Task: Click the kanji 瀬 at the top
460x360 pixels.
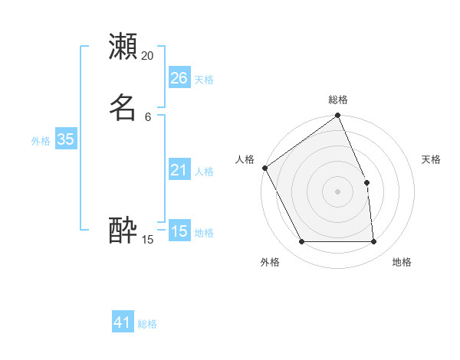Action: click(x=123, y=46)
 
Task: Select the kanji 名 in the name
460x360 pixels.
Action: click(x=123, y=107)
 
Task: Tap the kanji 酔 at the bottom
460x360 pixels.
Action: click(x=123, y=230)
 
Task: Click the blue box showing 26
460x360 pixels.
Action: click(x=179, y=77)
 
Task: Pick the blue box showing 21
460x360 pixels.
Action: click(x=179, y=170)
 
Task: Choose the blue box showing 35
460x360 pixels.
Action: click(x=65, y=139)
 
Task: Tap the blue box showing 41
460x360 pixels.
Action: click(x=123, y=322)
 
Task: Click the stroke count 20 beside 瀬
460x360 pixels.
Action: click(x=148, y=56)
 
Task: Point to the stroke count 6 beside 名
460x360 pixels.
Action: click(x=148, y=116)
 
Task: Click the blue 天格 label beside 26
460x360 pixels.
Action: click(x=204, y=80)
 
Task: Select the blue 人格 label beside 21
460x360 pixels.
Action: click(x=204, y=172)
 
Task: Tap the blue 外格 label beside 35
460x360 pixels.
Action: click(x=41, y=141)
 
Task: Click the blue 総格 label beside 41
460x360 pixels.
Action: click(x=147, y=324)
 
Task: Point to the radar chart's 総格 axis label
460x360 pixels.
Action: click(x=337, y=100)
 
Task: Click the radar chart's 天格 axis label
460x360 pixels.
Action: click(x=432, y=159)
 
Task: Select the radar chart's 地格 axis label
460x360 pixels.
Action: click(x=402, y=262)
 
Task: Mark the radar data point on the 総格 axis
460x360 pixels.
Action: click(x=337, y=116)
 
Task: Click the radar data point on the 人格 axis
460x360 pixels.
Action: click(x=264, y=168)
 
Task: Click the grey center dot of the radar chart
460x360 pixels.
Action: click(x=337, y=191)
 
